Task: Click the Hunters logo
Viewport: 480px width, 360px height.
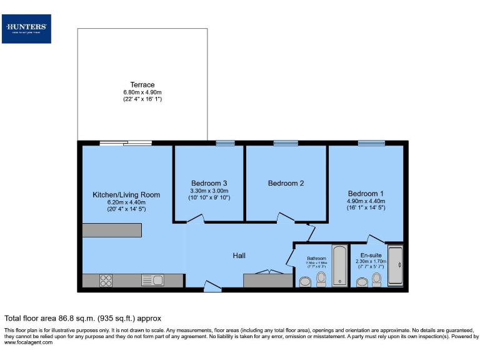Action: coord(26,28)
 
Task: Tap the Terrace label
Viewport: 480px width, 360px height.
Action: coord(142,85)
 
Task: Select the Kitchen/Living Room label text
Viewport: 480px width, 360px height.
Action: coord(126,194)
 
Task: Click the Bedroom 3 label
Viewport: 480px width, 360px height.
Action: coord(209,183)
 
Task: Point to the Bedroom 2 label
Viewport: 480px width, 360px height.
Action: coord(286,183)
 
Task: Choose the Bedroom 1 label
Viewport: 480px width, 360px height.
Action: coord(366,193)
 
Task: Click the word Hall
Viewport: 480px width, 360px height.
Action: coord(239,256)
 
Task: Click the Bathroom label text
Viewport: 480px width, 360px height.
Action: coord(316,258)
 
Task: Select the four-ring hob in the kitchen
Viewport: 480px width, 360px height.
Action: coord(106,281)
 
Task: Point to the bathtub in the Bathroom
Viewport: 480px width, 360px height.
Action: coord(339,266)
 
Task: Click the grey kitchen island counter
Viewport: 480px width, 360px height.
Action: coord(112,230)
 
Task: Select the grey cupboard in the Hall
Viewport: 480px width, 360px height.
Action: coord(267,280)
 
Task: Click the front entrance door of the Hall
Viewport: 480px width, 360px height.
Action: coord(212,289)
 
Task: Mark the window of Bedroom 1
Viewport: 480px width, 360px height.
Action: coord(371,143)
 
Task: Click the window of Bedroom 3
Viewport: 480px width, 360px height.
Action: coord(224,143)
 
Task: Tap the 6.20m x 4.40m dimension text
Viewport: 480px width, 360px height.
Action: coord(126,202)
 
